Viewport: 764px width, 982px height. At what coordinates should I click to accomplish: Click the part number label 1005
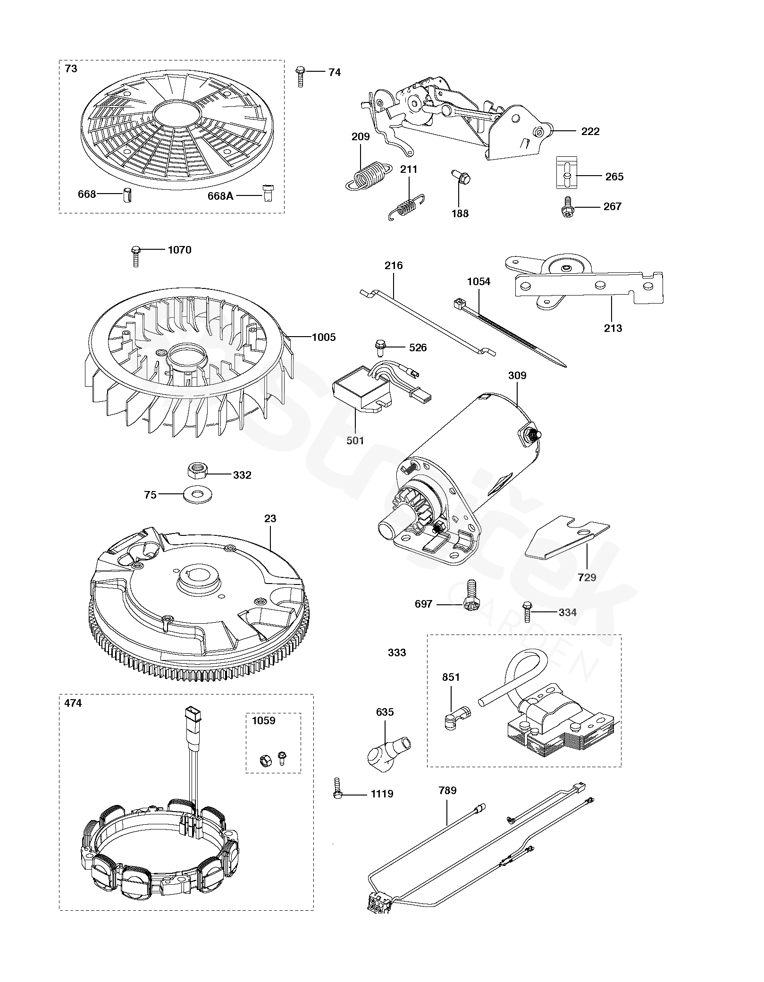[x=324, y=337]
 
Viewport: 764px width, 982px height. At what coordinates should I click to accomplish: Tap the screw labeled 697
[x=469, y=596]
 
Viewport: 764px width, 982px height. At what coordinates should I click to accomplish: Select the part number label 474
[x=73, y=703]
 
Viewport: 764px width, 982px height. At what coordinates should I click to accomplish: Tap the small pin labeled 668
[x=126, y=195]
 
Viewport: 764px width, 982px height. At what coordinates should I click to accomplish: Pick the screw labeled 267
[x=567, y=206]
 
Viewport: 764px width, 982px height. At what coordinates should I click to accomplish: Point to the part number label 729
[x=587, y=577]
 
